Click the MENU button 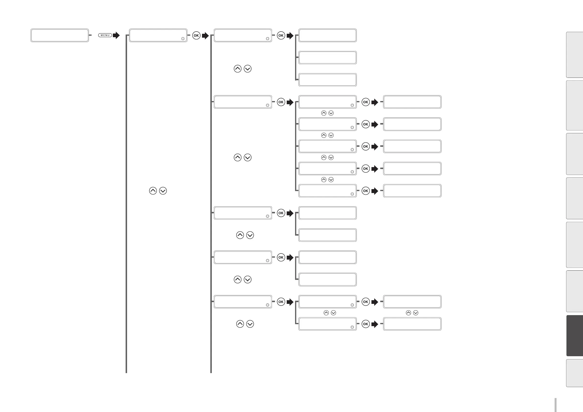(x=105, y=35)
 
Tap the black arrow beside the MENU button (x=116, y=35)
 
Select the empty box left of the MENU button (x=60, y=35)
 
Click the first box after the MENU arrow (x=158, y=35)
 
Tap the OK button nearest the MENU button (x=196, y=35)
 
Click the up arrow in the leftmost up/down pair (x=153, y=191)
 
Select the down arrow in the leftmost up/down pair (x=163, y=191)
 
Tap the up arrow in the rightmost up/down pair (x=408, y=313)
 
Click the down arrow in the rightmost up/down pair (x=416, y=313)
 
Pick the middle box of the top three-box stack (x=328, y=57)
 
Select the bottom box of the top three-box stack (x=328, y=80)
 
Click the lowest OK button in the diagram (x=366, y=324)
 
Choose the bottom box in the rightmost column (x=412, y=324)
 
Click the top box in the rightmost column (x=412, y=102)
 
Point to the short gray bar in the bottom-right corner (x=556, y=405)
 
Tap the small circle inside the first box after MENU (x=183, y=39)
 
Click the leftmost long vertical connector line (x=126, y=203)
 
